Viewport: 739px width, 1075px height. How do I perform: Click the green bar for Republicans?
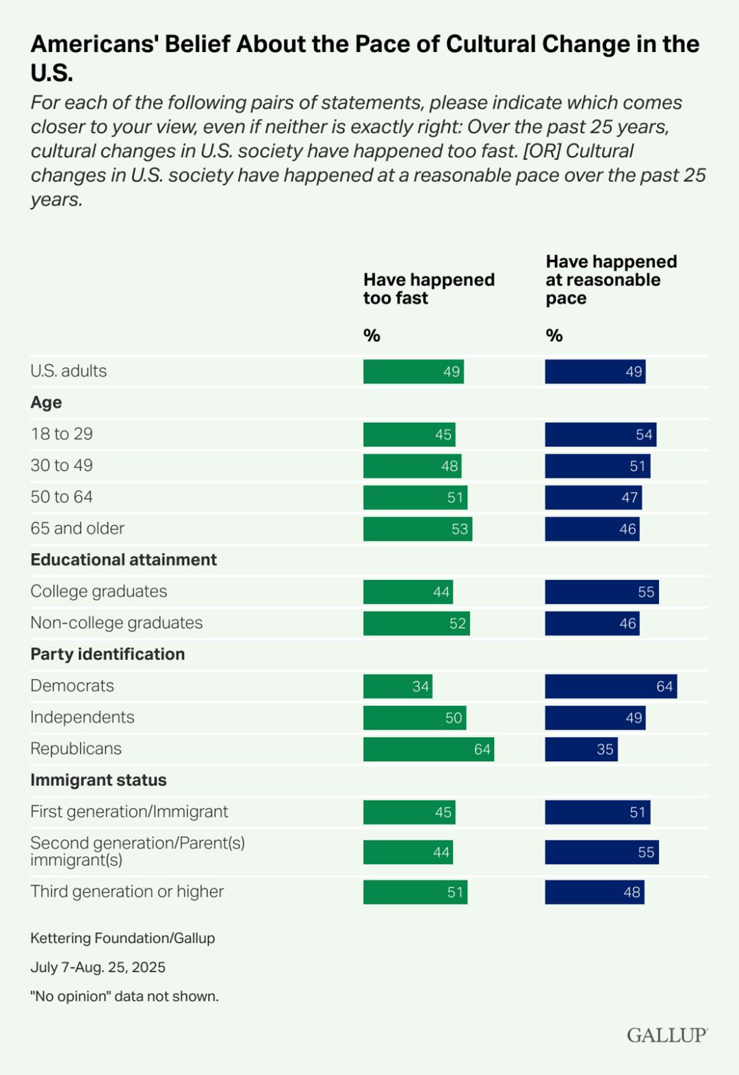[428, 749]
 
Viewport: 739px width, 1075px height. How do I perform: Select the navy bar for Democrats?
[611, 687]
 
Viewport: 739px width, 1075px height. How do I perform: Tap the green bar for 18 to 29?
[409, 435]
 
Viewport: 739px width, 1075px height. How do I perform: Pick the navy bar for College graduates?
[602, 592]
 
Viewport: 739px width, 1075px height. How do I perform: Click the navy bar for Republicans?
[581, 749]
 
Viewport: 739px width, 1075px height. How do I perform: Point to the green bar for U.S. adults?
[413, 372]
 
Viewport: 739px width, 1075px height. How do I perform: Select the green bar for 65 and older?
[417, 529]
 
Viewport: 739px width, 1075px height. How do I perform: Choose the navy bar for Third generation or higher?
[595, 892]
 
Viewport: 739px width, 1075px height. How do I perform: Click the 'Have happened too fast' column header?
[429, 289]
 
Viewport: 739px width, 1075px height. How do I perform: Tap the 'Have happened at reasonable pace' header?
[611, 280]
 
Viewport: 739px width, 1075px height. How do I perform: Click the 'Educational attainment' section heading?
[124, 560]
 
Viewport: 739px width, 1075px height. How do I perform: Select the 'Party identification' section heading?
[107, 654]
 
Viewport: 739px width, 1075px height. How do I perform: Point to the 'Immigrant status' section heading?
[99, 780]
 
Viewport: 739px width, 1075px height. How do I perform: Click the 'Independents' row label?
[82, 717]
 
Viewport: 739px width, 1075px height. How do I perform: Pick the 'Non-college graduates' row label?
[116, 623]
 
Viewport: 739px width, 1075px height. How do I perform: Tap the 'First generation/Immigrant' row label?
[129, 812]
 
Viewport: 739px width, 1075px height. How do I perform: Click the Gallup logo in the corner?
[666, 1035]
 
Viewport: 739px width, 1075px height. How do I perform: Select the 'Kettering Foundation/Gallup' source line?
[122, 938]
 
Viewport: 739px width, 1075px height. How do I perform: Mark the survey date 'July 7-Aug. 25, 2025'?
[98, 968]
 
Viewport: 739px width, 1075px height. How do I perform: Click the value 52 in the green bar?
[458, 624]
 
